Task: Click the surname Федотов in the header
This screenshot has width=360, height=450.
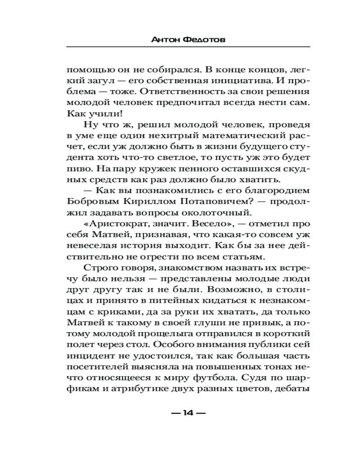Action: tap(206, 40)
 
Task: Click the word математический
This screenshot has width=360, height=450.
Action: tap(242, 136)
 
